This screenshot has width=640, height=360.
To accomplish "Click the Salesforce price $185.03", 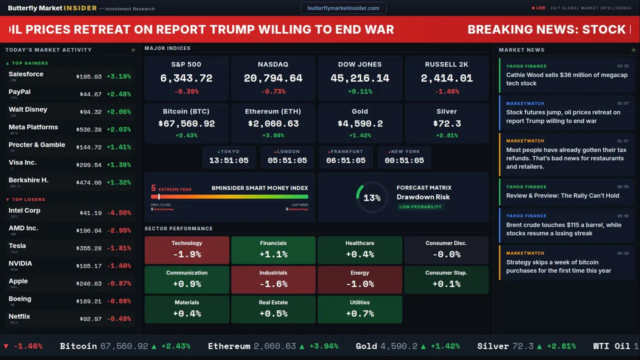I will (89, 77).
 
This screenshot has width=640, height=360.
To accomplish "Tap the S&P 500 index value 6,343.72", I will (186, 78).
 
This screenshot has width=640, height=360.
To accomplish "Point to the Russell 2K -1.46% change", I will (446, 91).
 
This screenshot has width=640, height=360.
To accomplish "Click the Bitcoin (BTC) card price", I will (186, 123).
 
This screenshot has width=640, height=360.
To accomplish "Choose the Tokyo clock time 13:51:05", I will (229, 160).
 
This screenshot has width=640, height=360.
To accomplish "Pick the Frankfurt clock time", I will (346, 160).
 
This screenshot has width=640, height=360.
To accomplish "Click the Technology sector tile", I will (187, 250).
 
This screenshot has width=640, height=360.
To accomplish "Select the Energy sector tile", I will (360, 279).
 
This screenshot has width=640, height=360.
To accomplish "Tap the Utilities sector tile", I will (360, 309).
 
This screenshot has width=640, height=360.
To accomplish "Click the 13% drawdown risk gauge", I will (371, 197).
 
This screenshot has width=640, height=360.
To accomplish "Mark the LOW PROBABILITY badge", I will (420, 207).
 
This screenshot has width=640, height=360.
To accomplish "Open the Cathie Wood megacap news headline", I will (566, 79).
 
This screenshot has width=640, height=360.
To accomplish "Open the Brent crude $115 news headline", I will (563, 229).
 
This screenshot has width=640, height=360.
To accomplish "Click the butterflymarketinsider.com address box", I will (343, 8).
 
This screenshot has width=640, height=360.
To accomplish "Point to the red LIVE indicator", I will (538, 8).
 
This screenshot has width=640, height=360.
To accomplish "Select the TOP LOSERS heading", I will (28, 199).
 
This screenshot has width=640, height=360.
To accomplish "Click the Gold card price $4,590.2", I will (360, 123).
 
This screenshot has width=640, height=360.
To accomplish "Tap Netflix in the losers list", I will (19, 316).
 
